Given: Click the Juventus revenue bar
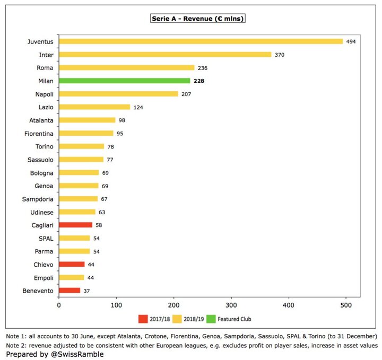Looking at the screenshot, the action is click(x=201, y=41).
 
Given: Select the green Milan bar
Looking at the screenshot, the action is click(x=125, y=81).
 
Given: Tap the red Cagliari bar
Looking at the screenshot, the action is click(x=75, y=225).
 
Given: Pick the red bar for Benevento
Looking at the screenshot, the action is click(x=70, y=291).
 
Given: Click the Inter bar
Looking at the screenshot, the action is click(x=165, y=55).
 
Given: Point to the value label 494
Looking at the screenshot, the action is click(x=351, y=42).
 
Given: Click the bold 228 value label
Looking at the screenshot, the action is click(x=199, y=81).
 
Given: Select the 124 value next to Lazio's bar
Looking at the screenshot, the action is click(x=138, y=107).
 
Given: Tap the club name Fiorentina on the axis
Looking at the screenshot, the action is click(x=39, y=134).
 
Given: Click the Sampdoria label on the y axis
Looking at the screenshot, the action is click(x=38, y=199).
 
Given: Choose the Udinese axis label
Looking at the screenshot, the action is click(x=42, y=212).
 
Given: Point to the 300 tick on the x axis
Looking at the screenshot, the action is click(x=231, y=305).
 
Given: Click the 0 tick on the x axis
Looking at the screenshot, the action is click(x=59, y=305).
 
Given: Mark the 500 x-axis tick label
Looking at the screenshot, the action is click(x=346, y=305).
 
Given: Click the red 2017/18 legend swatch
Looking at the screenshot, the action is click(x=143, y=319).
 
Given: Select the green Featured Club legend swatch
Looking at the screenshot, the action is click(x=211, y=319).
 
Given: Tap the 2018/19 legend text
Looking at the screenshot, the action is click(x=194, y=319).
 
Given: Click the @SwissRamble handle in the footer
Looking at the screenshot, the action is click(x=77, y=354).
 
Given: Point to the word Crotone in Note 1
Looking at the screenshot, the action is click(x=154, y=336).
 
